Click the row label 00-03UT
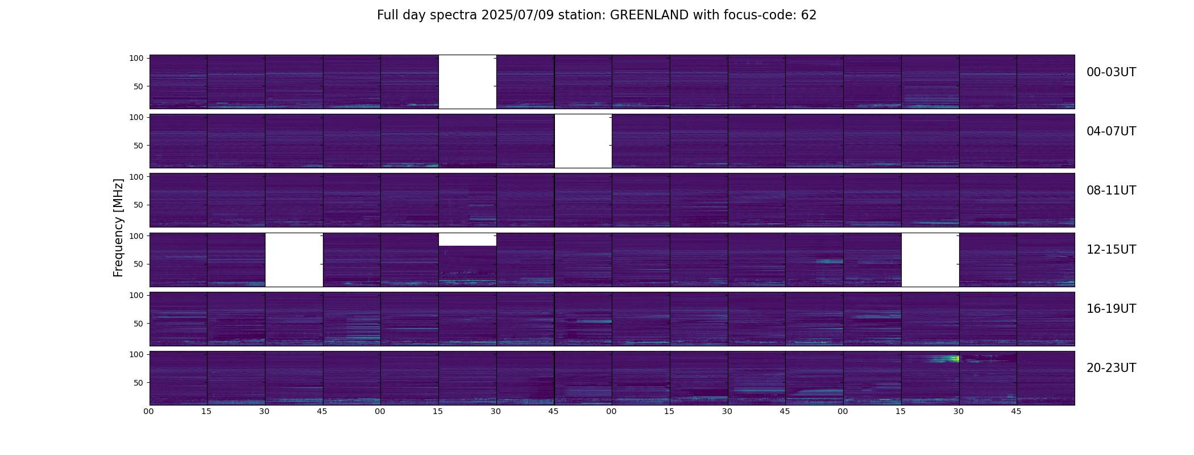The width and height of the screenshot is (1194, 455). (1111, 72)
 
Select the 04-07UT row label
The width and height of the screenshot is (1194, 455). (1111, 131)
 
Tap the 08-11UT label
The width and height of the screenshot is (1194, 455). (1111, 191)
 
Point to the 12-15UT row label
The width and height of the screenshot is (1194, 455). (1111, 250)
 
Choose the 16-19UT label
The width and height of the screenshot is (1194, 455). (1111, 309)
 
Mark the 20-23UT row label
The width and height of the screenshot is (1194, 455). (1111, 368)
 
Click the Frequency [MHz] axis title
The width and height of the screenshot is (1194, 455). (118, 227)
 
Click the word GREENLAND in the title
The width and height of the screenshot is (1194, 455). (649, 15)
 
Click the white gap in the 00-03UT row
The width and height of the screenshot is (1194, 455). (467, 82)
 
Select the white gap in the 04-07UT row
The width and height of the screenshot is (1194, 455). (583, 141)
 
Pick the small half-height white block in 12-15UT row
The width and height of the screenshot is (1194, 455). (467, 239)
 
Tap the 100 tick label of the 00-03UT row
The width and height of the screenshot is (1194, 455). (137, 58)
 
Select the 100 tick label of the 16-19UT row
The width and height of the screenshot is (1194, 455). (137, 295)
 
